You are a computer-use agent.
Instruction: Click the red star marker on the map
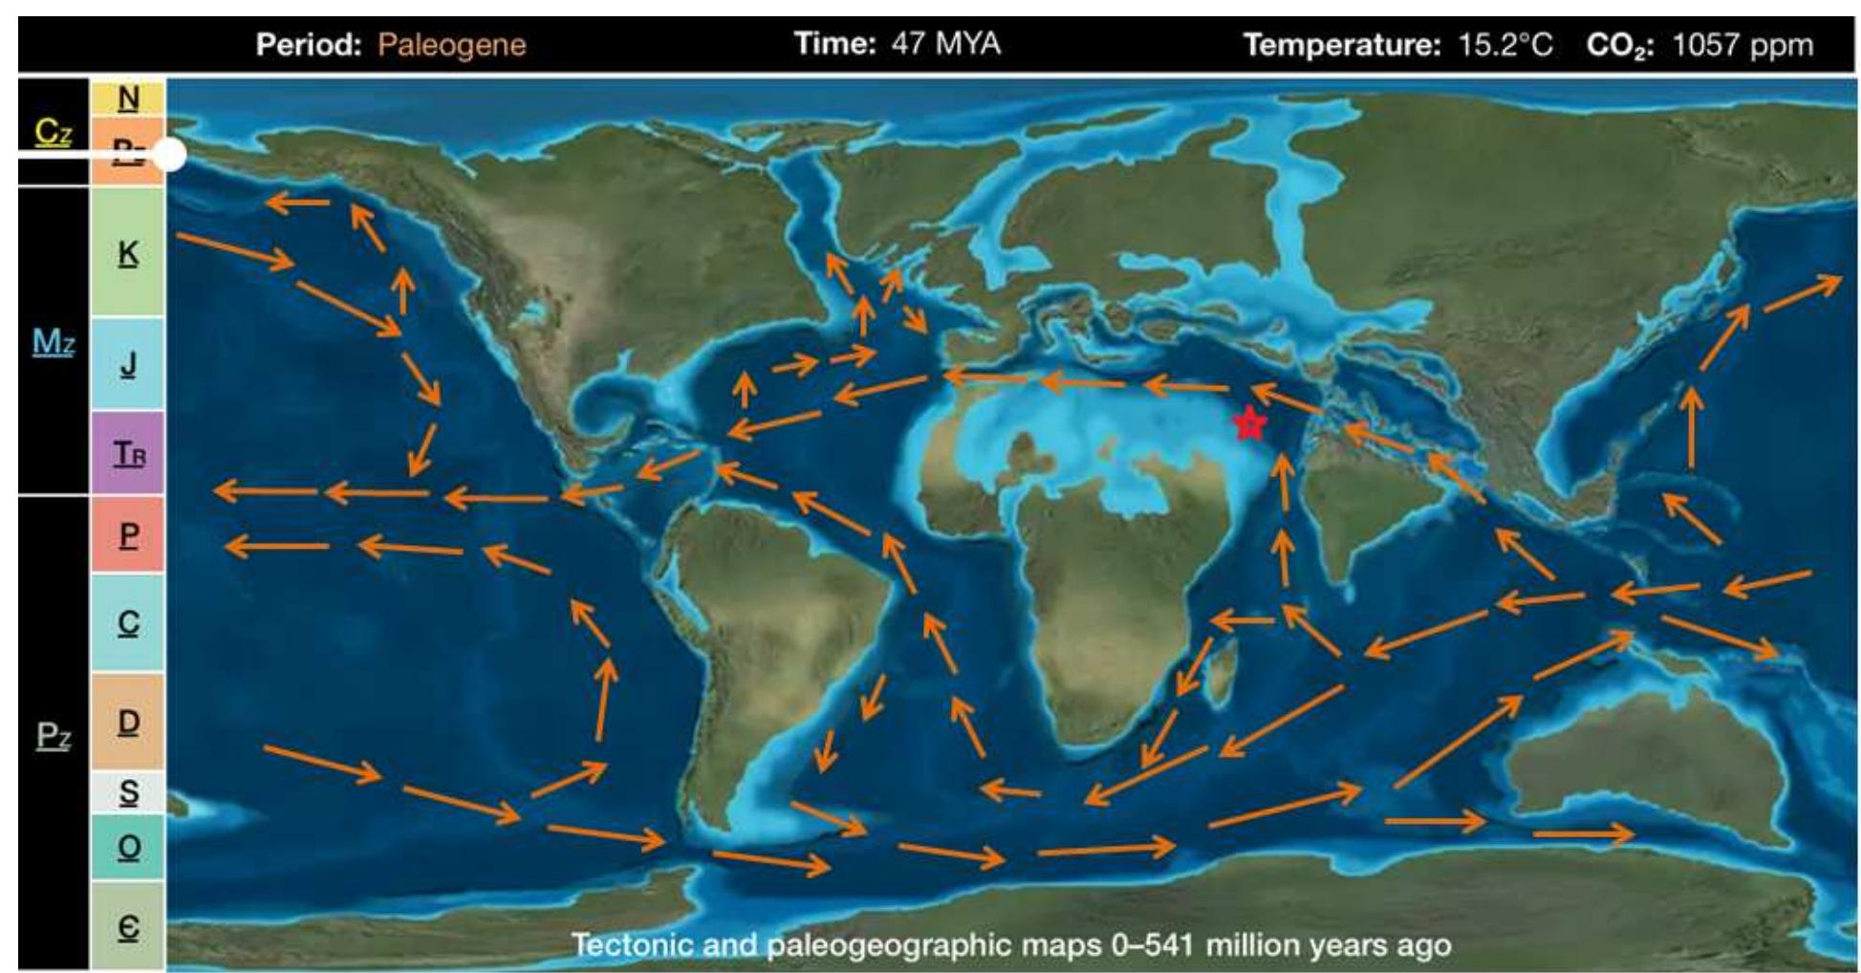[x=1248, y=422]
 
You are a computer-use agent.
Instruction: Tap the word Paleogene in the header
[x=451, y=45]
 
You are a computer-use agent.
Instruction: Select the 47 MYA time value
[x=945, y=44]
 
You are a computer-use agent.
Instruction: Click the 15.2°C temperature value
[x=1504, y=45]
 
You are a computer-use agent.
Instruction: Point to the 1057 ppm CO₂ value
[x=1742, y=45]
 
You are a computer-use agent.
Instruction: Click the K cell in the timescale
[x=128, y=253]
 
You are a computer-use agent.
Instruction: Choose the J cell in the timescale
[x=128, y=363]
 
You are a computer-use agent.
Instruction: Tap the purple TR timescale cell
[x=128, y=452]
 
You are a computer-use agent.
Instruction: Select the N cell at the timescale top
[x=128, y=97]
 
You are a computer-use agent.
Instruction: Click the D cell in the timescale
[x=128, y=722]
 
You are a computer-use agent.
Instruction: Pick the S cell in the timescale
[x=128, y=791]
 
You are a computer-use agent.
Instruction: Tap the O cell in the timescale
[x=128, y=847]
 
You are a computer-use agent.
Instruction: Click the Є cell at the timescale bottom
[x=128, y=926]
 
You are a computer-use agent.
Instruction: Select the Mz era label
[x=54, y=341]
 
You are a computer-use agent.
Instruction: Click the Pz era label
[x=54, y=736]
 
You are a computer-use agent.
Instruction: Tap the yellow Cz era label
[x=54, y=132]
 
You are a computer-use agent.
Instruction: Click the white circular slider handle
[x=169, y=154]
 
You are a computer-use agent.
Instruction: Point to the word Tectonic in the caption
[x=632, y=945]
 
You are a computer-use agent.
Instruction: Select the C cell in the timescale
[x=128, y=622]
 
